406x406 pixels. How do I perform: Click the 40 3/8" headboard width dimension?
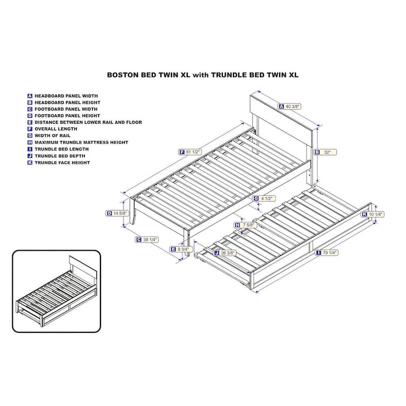[289, 107]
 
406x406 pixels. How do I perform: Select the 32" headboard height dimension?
[325, 152]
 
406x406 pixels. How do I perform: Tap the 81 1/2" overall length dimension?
[190, 152]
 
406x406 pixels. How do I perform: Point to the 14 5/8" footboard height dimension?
[117, 213]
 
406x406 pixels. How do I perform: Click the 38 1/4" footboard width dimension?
[147, 240]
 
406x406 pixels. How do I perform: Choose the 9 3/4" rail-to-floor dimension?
[181, 249]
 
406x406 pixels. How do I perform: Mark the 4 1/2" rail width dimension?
[264, 198]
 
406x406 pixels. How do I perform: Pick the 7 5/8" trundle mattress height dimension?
[246, 225]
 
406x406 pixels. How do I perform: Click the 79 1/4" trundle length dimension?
[327, 253]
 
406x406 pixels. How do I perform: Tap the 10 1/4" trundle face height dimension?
[373, 214]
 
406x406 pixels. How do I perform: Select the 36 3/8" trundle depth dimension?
[224, 253]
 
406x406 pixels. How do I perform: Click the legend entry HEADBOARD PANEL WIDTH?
[62, 96]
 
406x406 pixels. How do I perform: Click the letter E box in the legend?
[30, 122]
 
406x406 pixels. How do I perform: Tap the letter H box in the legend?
[30, 143]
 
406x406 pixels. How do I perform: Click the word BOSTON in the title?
[123, 75]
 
